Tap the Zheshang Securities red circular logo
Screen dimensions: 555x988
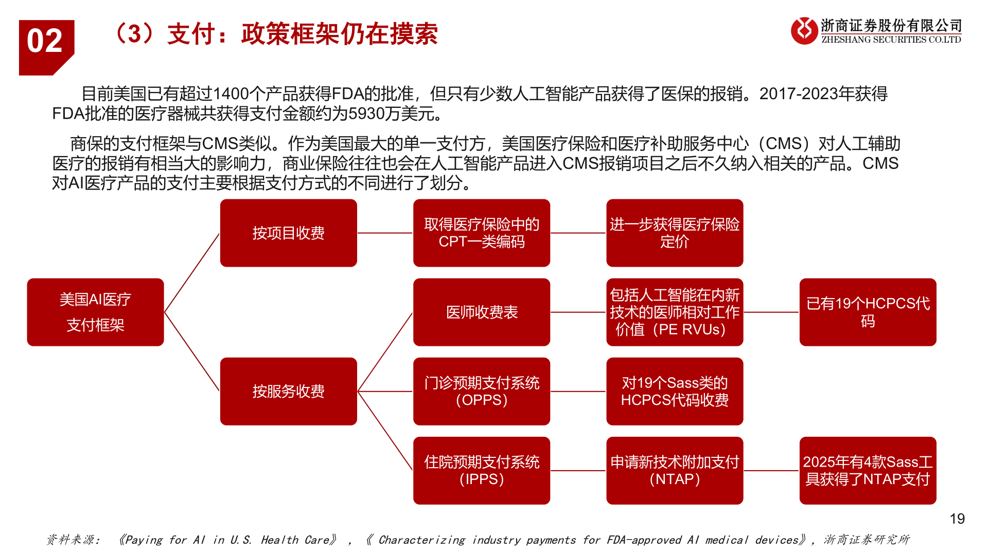point(804,31)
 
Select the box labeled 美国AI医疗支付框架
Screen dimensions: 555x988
point(95,312)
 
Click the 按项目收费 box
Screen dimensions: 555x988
point(288,233)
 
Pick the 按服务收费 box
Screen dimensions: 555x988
point(288,391)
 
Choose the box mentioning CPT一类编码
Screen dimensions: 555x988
point(481,233)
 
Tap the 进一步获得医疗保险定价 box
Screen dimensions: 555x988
point(674,233)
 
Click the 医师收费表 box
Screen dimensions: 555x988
point(481,312)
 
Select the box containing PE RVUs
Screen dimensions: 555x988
point(674,312)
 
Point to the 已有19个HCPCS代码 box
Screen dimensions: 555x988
point(868,312)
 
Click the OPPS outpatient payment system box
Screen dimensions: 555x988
point(481,391)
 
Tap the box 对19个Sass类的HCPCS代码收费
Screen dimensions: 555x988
point(674,391)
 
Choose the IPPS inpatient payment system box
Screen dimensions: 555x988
point(481,470)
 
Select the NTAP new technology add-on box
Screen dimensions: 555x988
point(674,470)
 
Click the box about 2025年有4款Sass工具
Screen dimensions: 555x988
point(868,470)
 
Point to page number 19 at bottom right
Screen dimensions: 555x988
point(957,519)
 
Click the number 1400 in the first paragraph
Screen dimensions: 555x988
point(231,94)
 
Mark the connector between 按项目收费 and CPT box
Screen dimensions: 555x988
point(385,233)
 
